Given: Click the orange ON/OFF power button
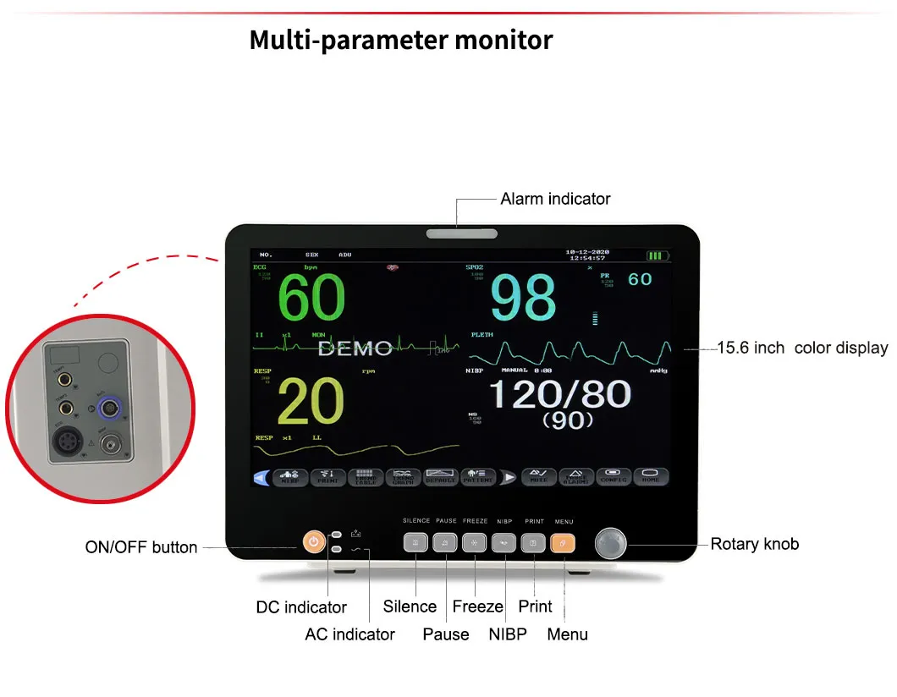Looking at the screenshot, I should tap(313, 542).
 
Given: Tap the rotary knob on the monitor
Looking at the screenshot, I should tap(612, 544).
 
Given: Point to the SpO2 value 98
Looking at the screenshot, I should tap(524, 298).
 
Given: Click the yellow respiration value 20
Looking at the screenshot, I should tap(311, 402).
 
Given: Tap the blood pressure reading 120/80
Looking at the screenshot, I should tap(560, 394).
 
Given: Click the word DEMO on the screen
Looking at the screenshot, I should tap(355, 348).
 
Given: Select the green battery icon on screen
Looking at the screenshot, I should tap(658, 255).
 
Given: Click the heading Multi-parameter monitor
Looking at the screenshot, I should tap(401, 40).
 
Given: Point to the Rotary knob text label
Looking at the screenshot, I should tap(754, 544).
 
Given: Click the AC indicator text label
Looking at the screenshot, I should tap(349, 634).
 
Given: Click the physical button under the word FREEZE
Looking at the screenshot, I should tap(475, 543).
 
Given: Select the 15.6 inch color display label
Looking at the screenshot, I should tap(802, 348).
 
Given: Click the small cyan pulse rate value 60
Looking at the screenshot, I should tap(640, 279).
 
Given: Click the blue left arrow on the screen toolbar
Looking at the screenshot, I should tap(261, 478).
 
